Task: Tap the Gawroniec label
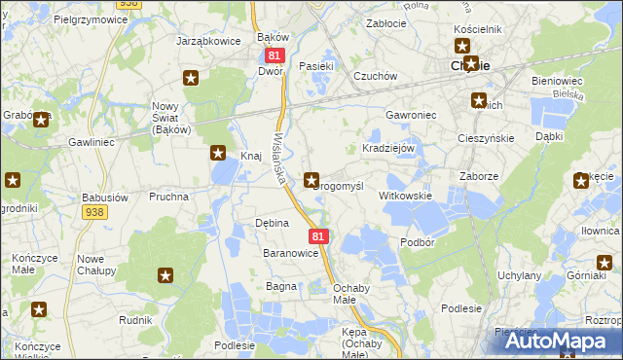coord(411,114)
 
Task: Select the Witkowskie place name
coord(405,196)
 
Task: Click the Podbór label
coord(417,241)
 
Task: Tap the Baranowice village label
coord(291,253)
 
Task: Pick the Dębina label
coord(272,223)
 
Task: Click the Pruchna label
coord(168,196)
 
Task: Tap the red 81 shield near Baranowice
coord(317,236)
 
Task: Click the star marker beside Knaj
coord(219,153)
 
